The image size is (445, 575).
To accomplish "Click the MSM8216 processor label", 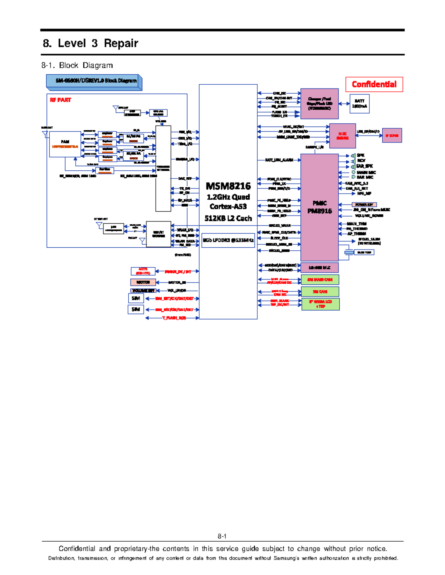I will [228, 186].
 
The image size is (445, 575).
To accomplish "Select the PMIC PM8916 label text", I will [319, 207].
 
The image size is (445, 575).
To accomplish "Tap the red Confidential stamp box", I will [374, 84].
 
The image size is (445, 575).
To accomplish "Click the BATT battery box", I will [359, 103].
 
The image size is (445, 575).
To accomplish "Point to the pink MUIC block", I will [342, 136].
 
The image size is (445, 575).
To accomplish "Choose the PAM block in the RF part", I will [65, 144].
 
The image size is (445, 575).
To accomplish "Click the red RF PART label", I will [60, 100].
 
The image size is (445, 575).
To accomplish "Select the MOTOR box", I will [143, 282].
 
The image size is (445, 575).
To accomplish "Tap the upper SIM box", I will [136, 298].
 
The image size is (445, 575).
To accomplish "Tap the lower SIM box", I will [136, 309].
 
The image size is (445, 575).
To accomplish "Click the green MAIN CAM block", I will [320, 280].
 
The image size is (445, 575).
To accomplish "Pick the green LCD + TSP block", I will [320, 304].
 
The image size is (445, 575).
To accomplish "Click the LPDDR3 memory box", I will [228, 240].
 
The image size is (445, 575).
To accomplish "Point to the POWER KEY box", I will [364, 205].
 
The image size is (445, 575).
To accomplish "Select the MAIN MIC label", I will [366, 172].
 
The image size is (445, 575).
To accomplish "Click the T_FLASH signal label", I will [174, 318].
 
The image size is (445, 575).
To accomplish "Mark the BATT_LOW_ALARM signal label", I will [279, 160].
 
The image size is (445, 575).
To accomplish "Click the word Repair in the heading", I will [121, 43].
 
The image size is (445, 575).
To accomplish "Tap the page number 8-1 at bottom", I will [222, 536].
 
